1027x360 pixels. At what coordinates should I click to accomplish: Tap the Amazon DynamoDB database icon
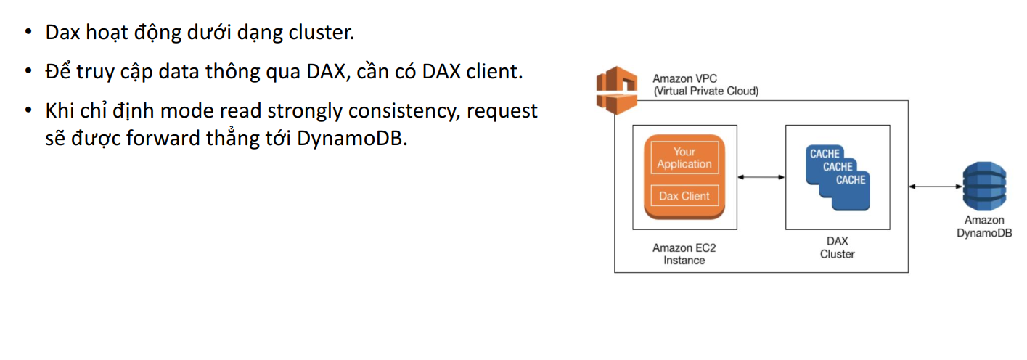click(x=984, y=187)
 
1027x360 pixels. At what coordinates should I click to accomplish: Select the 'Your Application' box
click(x=684, y=157)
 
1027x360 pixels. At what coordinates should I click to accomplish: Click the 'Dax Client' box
click(x=684, y=196)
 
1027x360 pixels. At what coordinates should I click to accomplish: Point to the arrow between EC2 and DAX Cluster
click(x=761, y=176)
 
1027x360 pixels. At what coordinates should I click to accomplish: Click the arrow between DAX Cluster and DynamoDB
click(x=936, y=187)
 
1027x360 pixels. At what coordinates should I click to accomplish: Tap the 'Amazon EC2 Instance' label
click(x=684, y=254)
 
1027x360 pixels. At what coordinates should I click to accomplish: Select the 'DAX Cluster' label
click(x=837, y=247)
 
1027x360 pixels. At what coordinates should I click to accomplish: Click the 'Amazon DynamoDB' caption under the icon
click(x=984, y=226)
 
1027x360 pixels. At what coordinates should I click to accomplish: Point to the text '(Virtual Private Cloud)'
click(x=705, y=91)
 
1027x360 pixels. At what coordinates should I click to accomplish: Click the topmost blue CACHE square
click(x=825, y=153)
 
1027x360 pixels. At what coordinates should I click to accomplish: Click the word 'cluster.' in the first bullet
click(x=319, y=33)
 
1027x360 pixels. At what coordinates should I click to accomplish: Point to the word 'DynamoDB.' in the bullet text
click(x=353, y=138)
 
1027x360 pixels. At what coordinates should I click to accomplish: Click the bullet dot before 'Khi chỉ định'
click(x=28, y=111)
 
